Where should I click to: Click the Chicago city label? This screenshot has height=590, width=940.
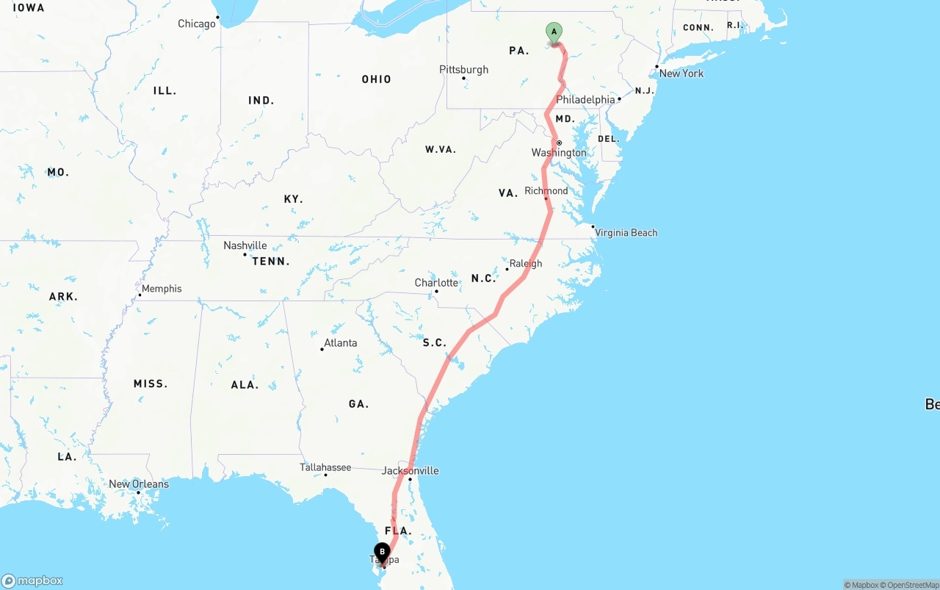click(197, 24)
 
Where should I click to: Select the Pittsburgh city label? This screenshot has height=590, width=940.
click(463, 69)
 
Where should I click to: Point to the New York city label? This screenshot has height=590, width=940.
click(681, 73)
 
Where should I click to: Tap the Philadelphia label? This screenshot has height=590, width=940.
click(585, 99)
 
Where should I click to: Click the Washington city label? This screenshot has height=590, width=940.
click(559, 153)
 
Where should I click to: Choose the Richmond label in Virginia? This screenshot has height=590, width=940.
click(546, 191)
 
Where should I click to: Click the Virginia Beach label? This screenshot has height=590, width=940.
click(626, 233)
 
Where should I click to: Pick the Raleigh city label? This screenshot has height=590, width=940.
click(525, 264)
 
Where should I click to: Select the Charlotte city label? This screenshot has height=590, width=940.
click(436, 283)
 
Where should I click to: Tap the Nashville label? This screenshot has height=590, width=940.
click(245, 245)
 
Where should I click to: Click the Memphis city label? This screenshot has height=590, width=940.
click(162, 289)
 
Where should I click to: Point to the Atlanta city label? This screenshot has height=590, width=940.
click(340, 343)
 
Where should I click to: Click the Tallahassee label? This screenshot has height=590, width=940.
click(325, 467)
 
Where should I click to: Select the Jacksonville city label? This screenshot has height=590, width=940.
click(410, 470)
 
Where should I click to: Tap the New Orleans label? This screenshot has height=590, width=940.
click(138, 484)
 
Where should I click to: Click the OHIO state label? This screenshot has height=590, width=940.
click(376, 79)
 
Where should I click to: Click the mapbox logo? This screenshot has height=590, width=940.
click(32, 580)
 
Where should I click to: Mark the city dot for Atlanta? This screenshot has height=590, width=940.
click(322, 349)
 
